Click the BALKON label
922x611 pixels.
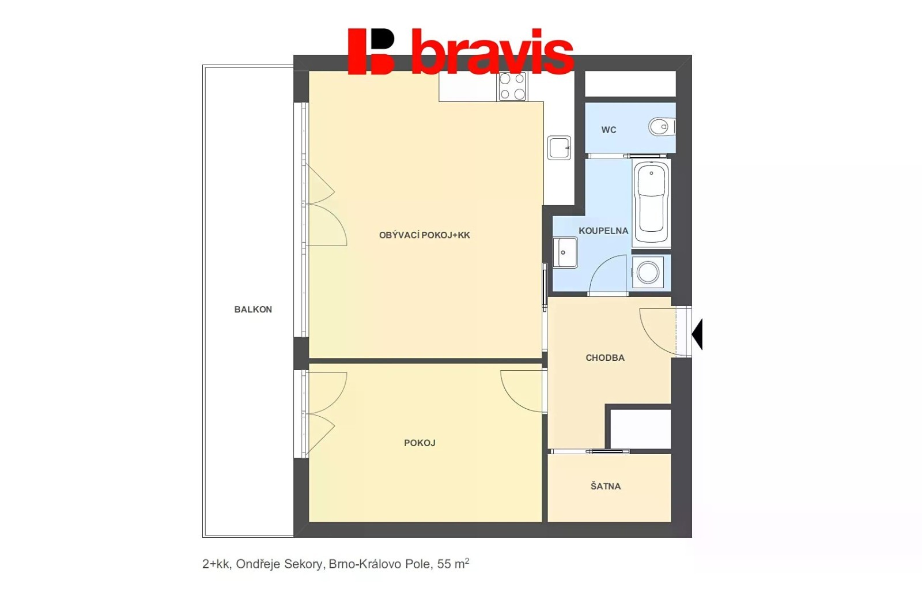click(x=253, y=310)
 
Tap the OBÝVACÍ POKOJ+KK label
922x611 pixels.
click(x=424, y=235)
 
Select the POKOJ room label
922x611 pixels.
click(x=420, y=443)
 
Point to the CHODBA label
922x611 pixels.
click(x=605, y=358)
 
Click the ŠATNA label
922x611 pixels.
click(x=606, y=486)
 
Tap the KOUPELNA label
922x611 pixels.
click(x=603, y=231)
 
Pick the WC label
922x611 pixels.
click(x=609, y=130)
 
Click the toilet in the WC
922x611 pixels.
click(x=662, y=126)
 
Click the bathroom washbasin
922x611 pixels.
click(x=565, y=252)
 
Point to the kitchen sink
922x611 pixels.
click(x=559, y=148)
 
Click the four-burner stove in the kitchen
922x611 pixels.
click(x=512, y=86)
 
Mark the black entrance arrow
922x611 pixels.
click(x=697, y=334)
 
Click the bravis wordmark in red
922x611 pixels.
click(x=493, y=51)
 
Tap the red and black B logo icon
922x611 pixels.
click(x=371, y=51)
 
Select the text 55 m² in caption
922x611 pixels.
click(x=453, y=564)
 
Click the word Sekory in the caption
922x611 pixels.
click(x=303, y=564)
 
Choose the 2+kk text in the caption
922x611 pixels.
click(x=217, y=564)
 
